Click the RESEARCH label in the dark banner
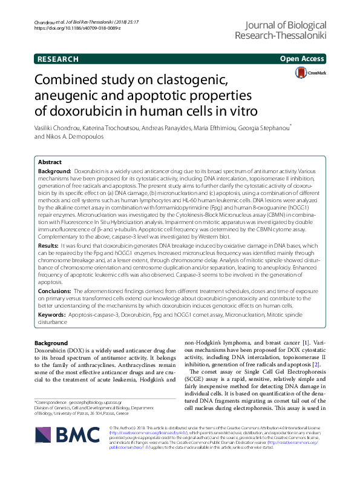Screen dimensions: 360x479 coord(57,59)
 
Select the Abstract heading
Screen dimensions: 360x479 coord(50,163)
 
